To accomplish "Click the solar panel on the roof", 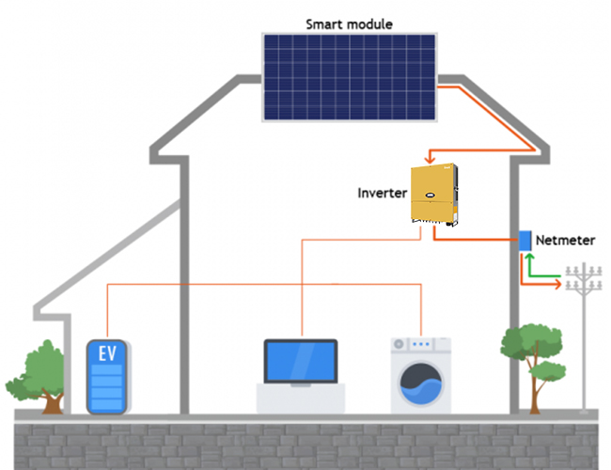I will click(349, 77).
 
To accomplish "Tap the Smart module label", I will click(349, 23).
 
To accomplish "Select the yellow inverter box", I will click(432, 195).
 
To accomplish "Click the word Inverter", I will click(382, 194).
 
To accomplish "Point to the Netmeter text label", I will click(565, 241).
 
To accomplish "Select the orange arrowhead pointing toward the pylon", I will click(557, 283).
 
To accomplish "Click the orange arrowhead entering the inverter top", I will click(429, 159).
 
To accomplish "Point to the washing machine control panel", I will click(420, 344).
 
